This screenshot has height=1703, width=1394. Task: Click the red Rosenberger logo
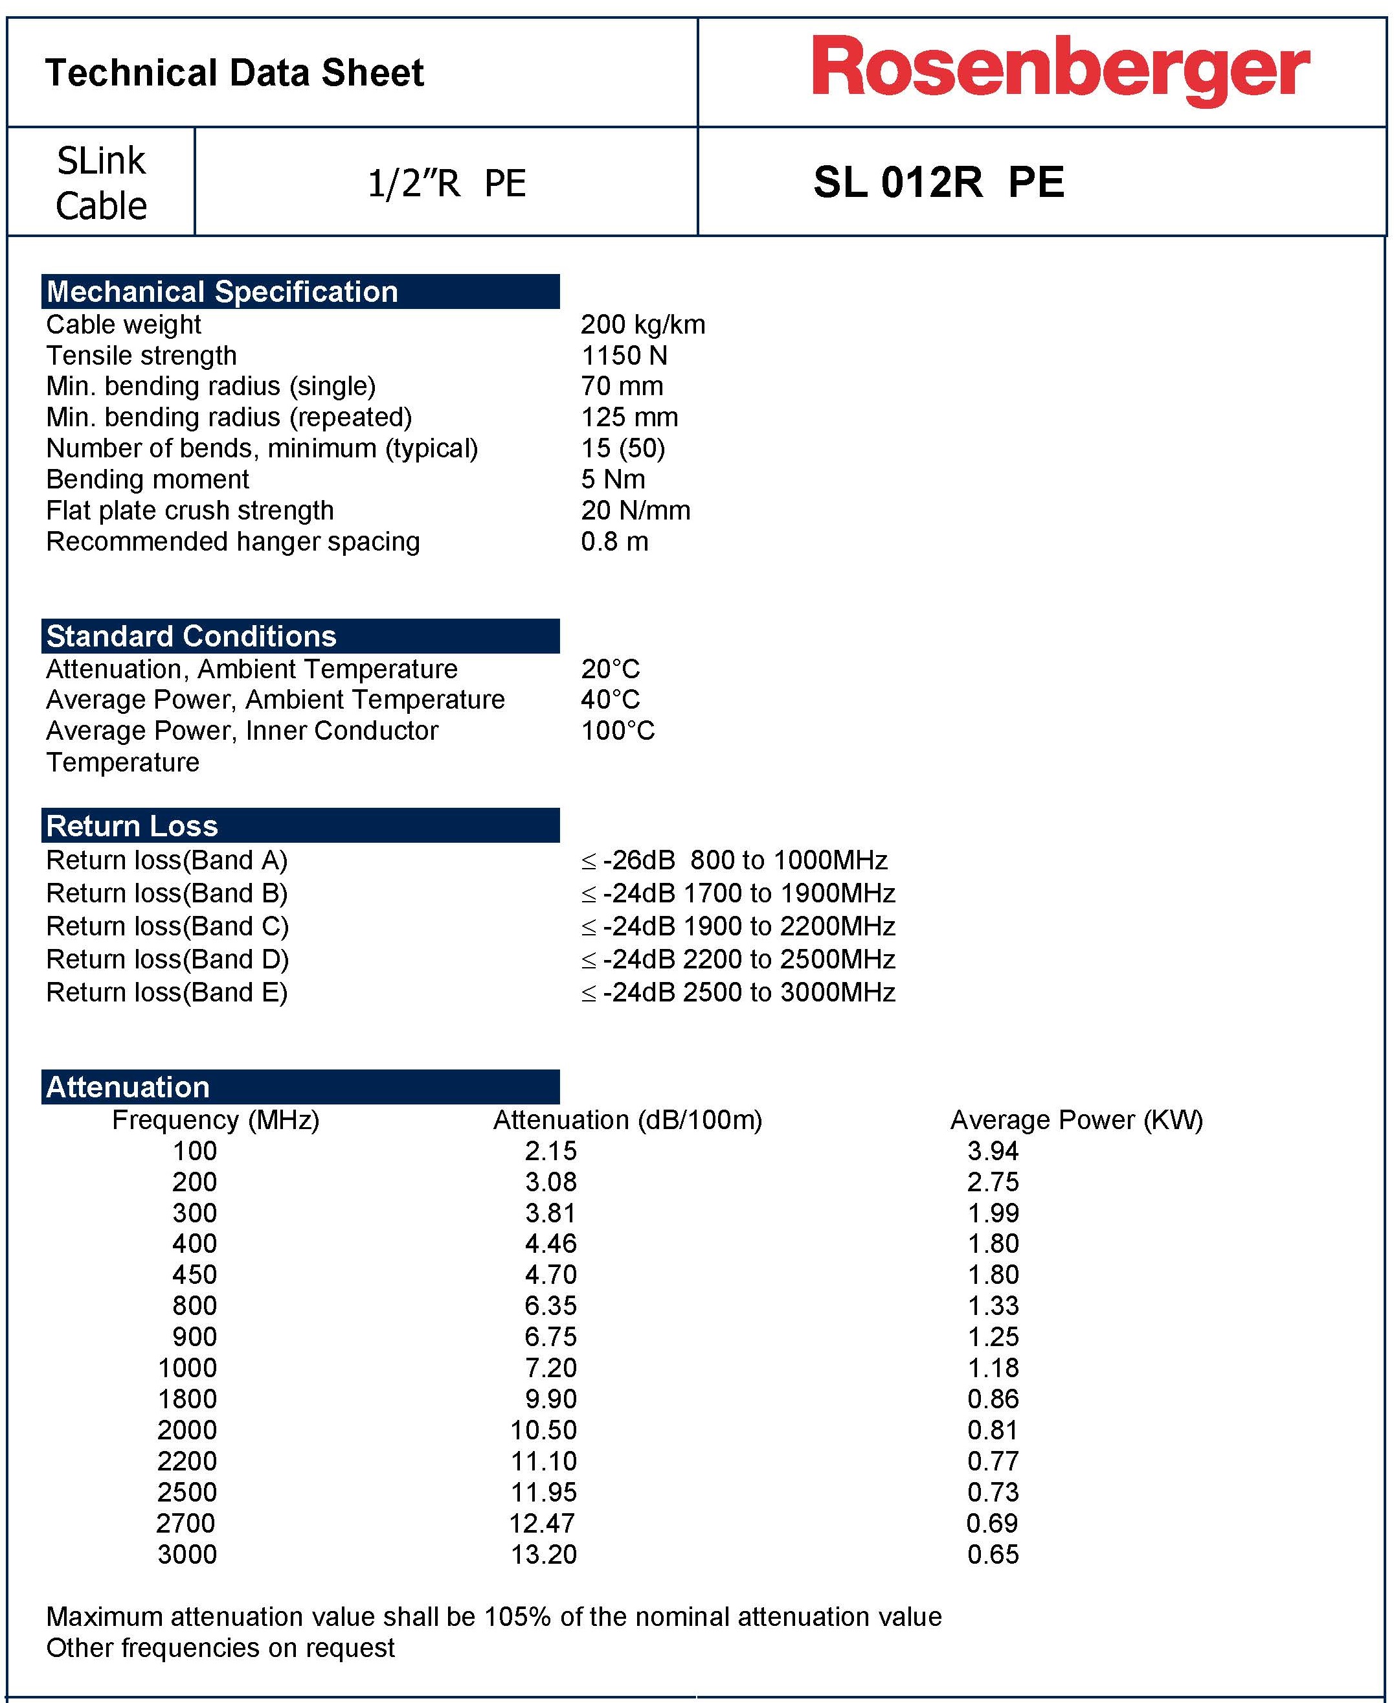coord(1060,70)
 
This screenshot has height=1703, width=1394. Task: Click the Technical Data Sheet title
coord(234,73)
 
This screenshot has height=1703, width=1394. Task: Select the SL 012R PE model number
coord(938,183)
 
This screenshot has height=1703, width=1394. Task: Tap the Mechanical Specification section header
coord(221,291)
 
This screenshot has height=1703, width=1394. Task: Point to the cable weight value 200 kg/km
coord(642,325)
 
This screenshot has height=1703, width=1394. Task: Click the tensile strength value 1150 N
coord(624,356)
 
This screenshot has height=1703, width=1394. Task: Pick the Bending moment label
coord(148,479)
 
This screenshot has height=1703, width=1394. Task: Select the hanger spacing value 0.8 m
coord(614,542)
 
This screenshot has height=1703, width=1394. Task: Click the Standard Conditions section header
coord(191,636)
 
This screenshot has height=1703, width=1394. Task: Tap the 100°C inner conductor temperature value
coord(618,731)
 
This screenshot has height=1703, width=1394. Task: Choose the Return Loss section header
coord(133,826)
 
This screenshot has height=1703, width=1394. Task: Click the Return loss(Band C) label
coord(167,926)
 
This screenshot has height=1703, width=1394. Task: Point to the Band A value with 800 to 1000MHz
coord(734,860)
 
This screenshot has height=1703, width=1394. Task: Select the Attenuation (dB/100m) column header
coord(627,1120)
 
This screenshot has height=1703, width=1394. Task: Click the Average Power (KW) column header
coord(1076,1120)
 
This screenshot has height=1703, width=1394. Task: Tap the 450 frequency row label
coord(194,1275)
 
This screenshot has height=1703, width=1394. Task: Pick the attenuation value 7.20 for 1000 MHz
coord(551,1368)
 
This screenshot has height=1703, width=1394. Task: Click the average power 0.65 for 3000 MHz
coord(993,1555)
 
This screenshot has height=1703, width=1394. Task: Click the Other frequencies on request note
coord(221,1647)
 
